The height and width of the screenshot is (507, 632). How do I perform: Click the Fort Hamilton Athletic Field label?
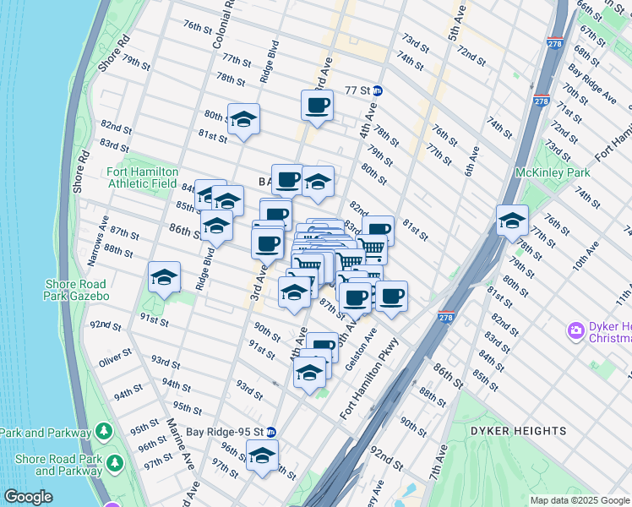(x=142, y=177)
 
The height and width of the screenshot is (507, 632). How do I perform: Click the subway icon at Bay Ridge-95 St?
(x=270, y=431)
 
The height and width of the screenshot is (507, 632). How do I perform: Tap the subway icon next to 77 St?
(x=379, y=90)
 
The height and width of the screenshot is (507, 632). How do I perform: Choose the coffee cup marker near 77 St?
(x=318, y=106)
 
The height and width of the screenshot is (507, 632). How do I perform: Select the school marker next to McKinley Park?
(x=511, y=221)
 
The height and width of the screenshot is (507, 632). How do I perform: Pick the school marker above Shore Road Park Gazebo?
(x=165, y=277)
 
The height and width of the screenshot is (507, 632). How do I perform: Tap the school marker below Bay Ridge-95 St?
(x=262, y=455)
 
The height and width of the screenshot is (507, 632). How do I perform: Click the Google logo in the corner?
(x=27, y=497)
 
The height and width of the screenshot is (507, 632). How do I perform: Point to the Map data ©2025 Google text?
(x=578, y=500)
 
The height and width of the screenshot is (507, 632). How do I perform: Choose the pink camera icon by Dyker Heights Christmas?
(x=576, y=330)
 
